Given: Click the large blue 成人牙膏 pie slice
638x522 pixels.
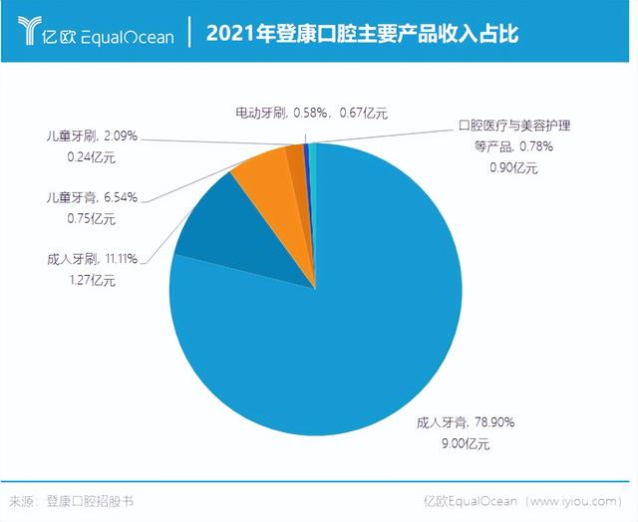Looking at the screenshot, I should click(339, 329).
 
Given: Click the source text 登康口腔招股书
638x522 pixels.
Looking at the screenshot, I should click(89, 502).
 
